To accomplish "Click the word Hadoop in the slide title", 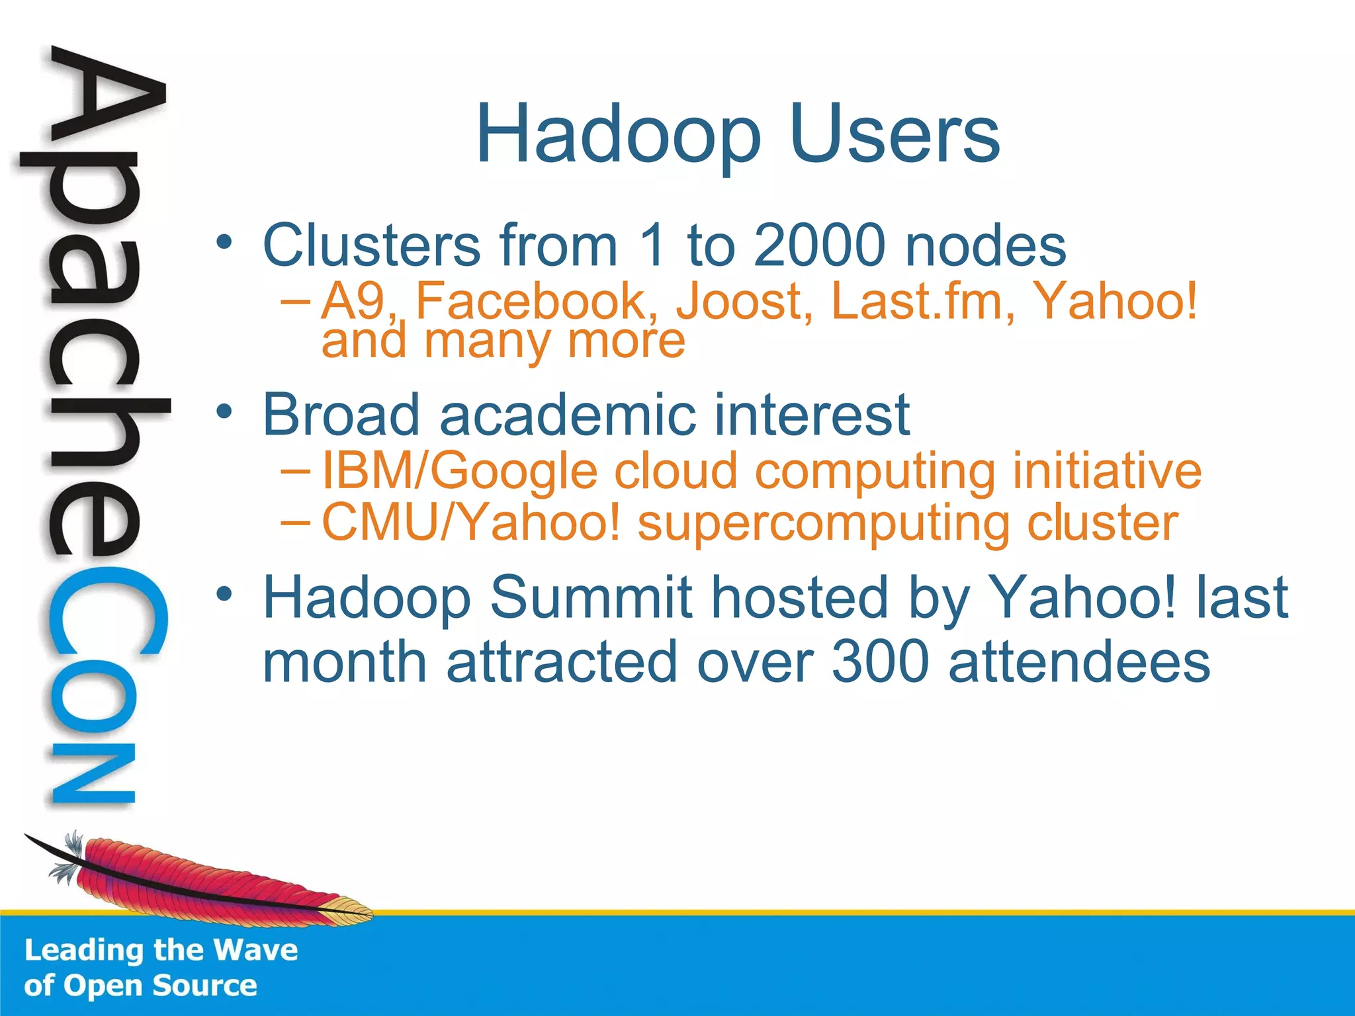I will (618, 136).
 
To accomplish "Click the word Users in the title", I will (895, 136).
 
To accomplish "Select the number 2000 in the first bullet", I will (819, 245).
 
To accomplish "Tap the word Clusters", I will (371, 245).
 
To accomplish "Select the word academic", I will (567, 415).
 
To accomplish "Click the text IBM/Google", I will (460, 472).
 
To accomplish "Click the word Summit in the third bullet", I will (590, 597).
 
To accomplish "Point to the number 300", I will (881, 662).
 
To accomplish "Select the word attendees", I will (1079, 662).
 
